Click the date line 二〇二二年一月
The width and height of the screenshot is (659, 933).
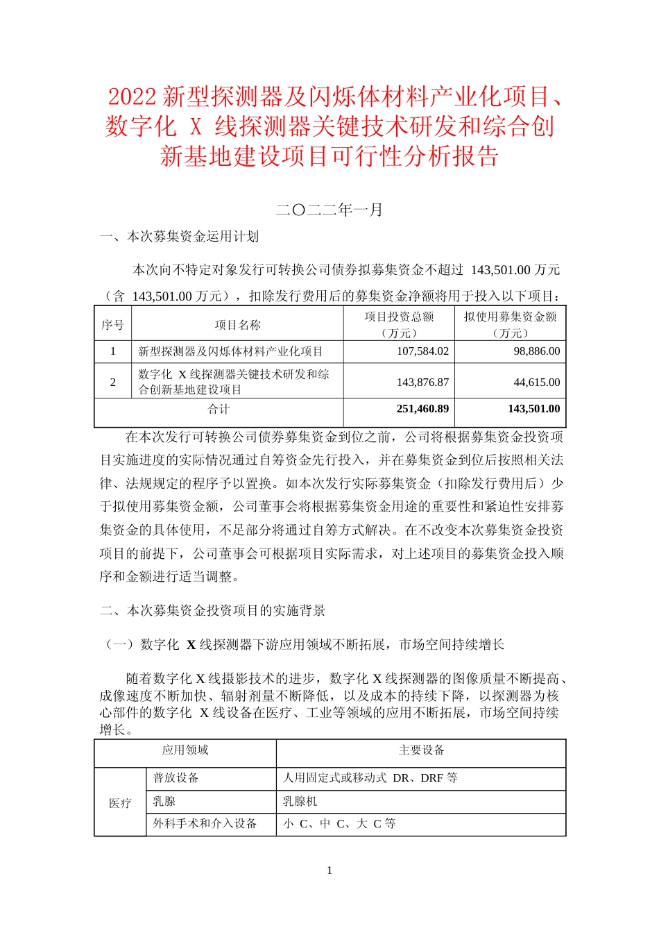(329, 210)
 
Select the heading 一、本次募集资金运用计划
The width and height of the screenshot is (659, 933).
(180, 237)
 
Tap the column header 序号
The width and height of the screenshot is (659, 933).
(112, 325)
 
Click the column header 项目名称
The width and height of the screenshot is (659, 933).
(237, 325)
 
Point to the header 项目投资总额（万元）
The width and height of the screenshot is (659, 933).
(399, 324)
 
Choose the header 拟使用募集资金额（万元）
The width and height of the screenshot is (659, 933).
(510, 324)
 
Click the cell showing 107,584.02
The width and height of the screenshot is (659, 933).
(422, 351)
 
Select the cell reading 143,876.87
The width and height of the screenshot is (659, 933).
(422, 383)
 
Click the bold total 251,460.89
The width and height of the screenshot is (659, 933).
(422, 409)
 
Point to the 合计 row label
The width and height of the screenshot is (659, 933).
(219, 409)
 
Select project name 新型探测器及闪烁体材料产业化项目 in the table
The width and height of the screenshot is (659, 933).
(230, 352)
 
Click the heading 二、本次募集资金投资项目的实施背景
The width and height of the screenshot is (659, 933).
(213, 611)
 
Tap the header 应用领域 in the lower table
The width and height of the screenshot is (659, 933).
(185, 750)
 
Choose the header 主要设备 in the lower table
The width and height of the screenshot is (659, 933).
(421, 750)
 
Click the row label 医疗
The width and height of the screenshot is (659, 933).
(120, 803)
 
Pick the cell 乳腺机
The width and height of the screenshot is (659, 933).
(300, 801)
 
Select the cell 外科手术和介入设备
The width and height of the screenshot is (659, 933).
(205, 824)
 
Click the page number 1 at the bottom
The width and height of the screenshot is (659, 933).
(329, 871)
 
